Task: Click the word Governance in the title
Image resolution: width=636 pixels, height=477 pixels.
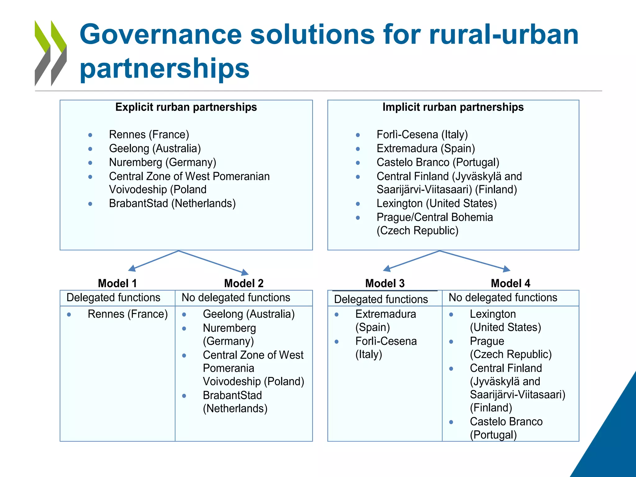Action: [x=160, y=35]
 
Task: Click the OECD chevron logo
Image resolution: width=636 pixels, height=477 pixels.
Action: [x=51, y=53]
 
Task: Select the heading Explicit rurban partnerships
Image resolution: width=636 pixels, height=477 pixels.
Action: [x=186, y=107]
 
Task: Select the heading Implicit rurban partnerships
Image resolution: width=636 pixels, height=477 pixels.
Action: [x=453, y=107]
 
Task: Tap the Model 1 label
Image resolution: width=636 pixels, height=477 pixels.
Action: [x=117, y=283]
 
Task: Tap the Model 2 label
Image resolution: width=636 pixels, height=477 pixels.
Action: [x=244, y=283]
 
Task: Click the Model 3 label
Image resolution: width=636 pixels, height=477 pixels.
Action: [x=385, y=283]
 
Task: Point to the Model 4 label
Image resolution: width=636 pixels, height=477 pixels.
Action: [x=510, y=283]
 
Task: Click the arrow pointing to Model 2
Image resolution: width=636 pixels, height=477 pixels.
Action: [x=214, y=263]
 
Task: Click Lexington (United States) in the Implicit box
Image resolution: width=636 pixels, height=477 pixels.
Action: [x=436, y=203]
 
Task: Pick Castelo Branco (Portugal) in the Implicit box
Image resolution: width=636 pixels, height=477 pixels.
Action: [x=438, y=162]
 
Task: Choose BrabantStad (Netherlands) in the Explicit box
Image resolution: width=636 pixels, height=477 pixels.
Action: [x=172, y=203]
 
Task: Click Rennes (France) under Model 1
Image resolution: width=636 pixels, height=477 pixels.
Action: [x=128, y=314]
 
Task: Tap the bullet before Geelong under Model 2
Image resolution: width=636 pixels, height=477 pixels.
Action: [x=184, y=315]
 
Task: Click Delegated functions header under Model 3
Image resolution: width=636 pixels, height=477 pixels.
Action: [x=381, y=299]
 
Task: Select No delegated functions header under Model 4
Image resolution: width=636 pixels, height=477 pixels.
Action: [x=503, y=298]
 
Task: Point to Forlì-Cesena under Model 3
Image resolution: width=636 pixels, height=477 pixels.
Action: [x=386, y=341]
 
